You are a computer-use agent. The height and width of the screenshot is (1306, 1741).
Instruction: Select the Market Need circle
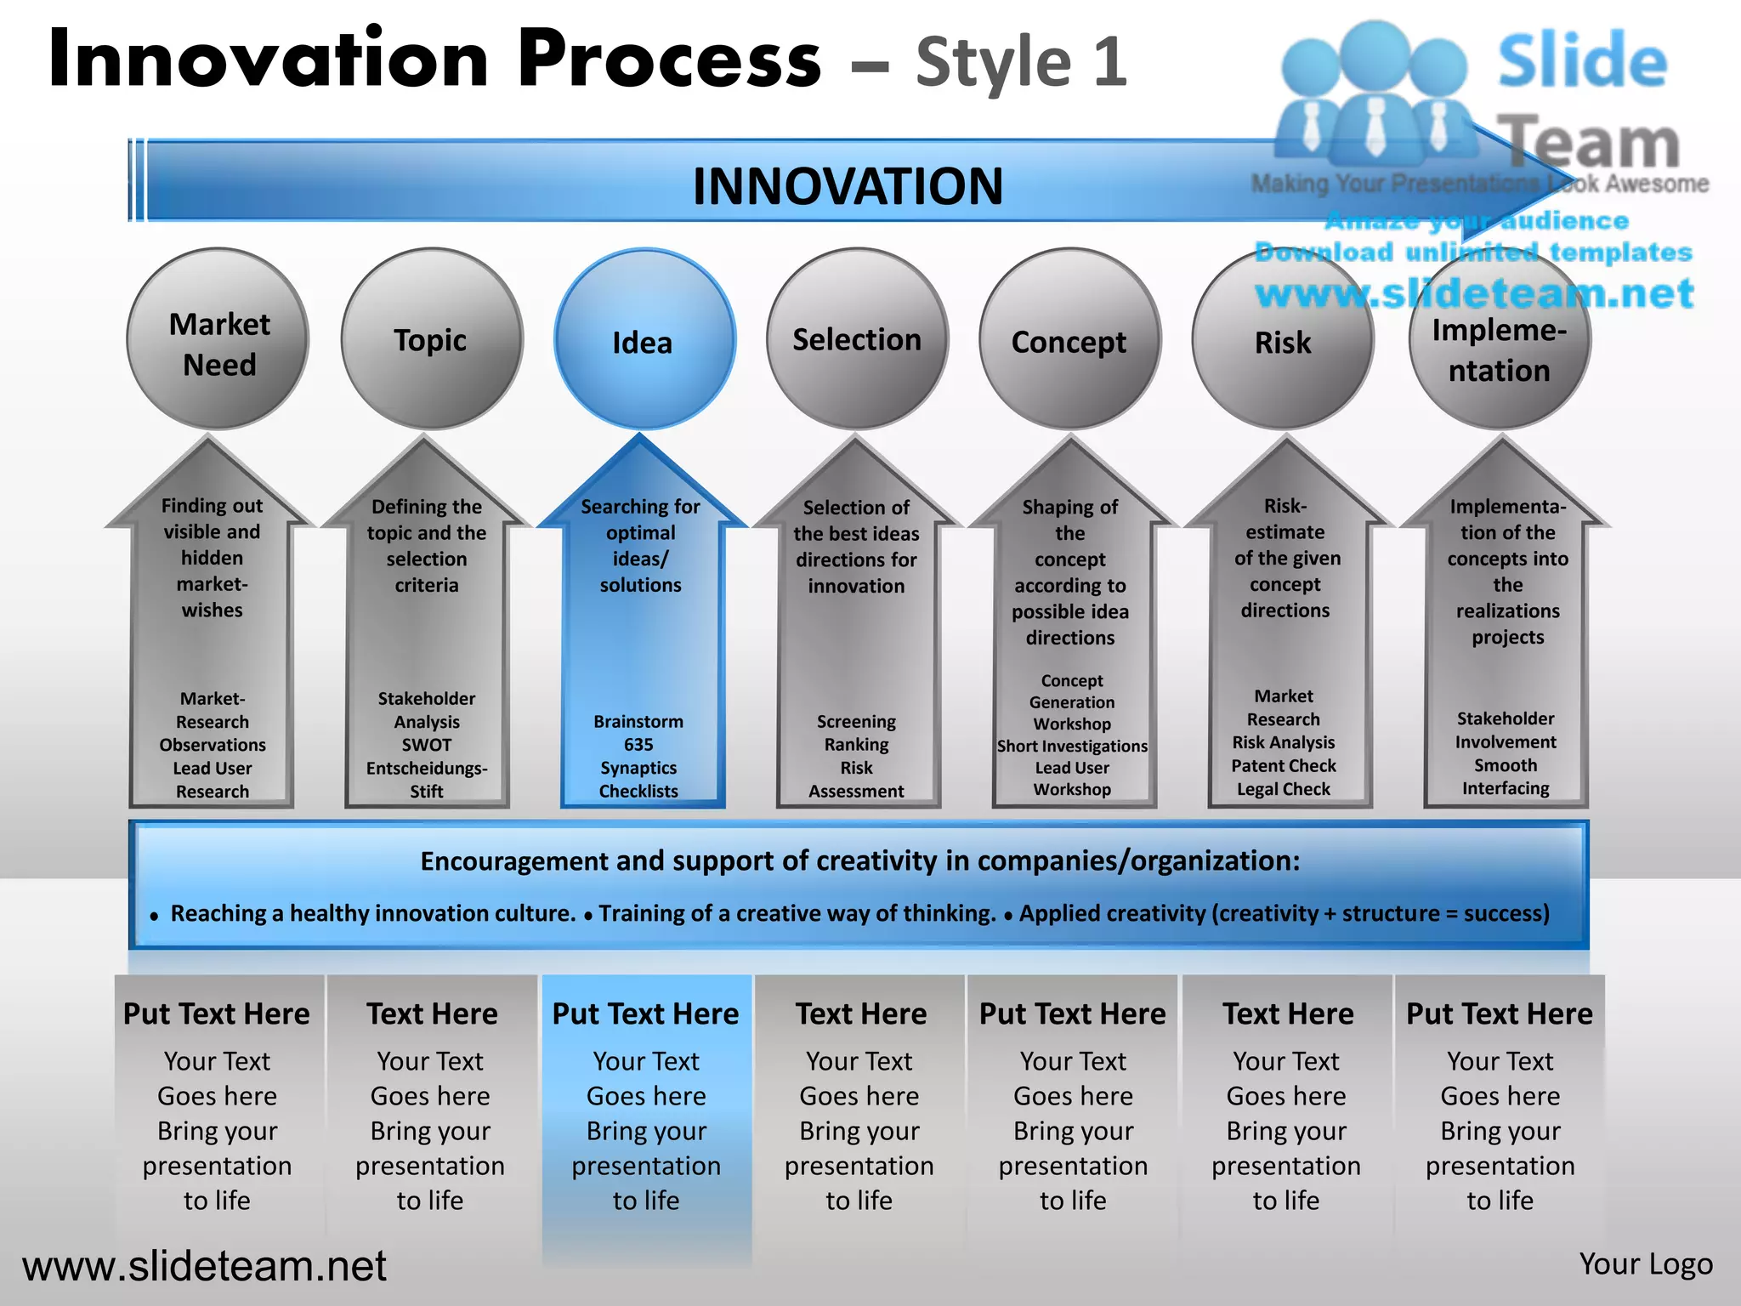[x=218, y=339]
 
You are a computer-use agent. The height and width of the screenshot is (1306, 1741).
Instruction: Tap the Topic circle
[x=432, y=339]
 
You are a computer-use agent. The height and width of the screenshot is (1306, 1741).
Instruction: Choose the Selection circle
[x=857, y=339]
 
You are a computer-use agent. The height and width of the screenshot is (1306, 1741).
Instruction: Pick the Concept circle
[x=1069, y=339]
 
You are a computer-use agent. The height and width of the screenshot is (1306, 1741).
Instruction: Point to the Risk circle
[x=1283, y=341]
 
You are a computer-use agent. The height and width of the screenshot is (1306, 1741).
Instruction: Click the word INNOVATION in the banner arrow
[x=848, y=186]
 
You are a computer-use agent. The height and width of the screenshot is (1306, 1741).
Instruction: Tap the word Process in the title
[x=669, y=60]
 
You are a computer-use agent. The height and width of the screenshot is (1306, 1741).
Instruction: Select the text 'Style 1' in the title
[x=1021, y=61]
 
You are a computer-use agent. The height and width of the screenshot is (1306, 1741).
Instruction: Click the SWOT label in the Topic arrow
[x=427, y=745]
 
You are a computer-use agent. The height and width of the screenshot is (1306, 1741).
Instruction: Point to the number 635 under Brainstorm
[x=638, y=745]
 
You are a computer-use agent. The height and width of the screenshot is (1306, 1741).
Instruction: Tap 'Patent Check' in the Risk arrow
[x=1284, y=766]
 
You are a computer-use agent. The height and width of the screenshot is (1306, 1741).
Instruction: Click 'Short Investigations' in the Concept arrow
[x=1072, y=746]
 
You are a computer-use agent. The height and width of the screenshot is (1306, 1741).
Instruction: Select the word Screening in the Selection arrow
[x=856, y=722]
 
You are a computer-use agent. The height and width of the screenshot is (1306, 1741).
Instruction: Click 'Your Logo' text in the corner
[x=1646, y=1264]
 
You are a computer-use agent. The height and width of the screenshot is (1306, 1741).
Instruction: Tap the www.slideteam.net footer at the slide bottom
[x=204, y=1266]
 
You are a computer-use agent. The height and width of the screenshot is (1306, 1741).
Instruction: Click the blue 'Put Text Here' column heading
[x=645, y=1014]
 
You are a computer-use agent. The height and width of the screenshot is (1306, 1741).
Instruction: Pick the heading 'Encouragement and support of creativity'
[x=859, y=861]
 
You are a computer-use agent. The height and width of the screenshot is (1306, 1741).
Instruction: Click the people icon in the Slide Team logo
[x=1375, y=94]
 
